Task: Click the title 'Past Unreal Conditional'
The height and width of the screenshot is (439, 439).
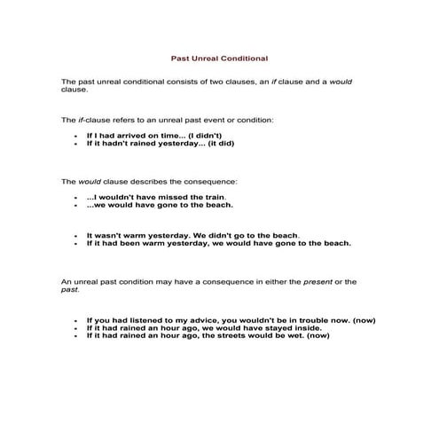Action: (x=219, y=59)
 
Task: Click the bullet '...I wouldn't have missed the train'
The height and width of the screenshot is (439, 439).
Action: (x=156, y=197)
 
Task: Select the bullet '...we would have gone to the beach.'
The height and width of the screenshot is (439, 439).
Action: (x=160, y=205)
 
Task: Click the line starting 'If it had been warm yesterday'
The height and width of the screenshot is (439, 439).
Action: (x=218, y=243)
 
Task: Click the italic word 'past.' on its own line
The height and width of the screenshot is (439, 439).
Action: (x=70, y=290)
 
